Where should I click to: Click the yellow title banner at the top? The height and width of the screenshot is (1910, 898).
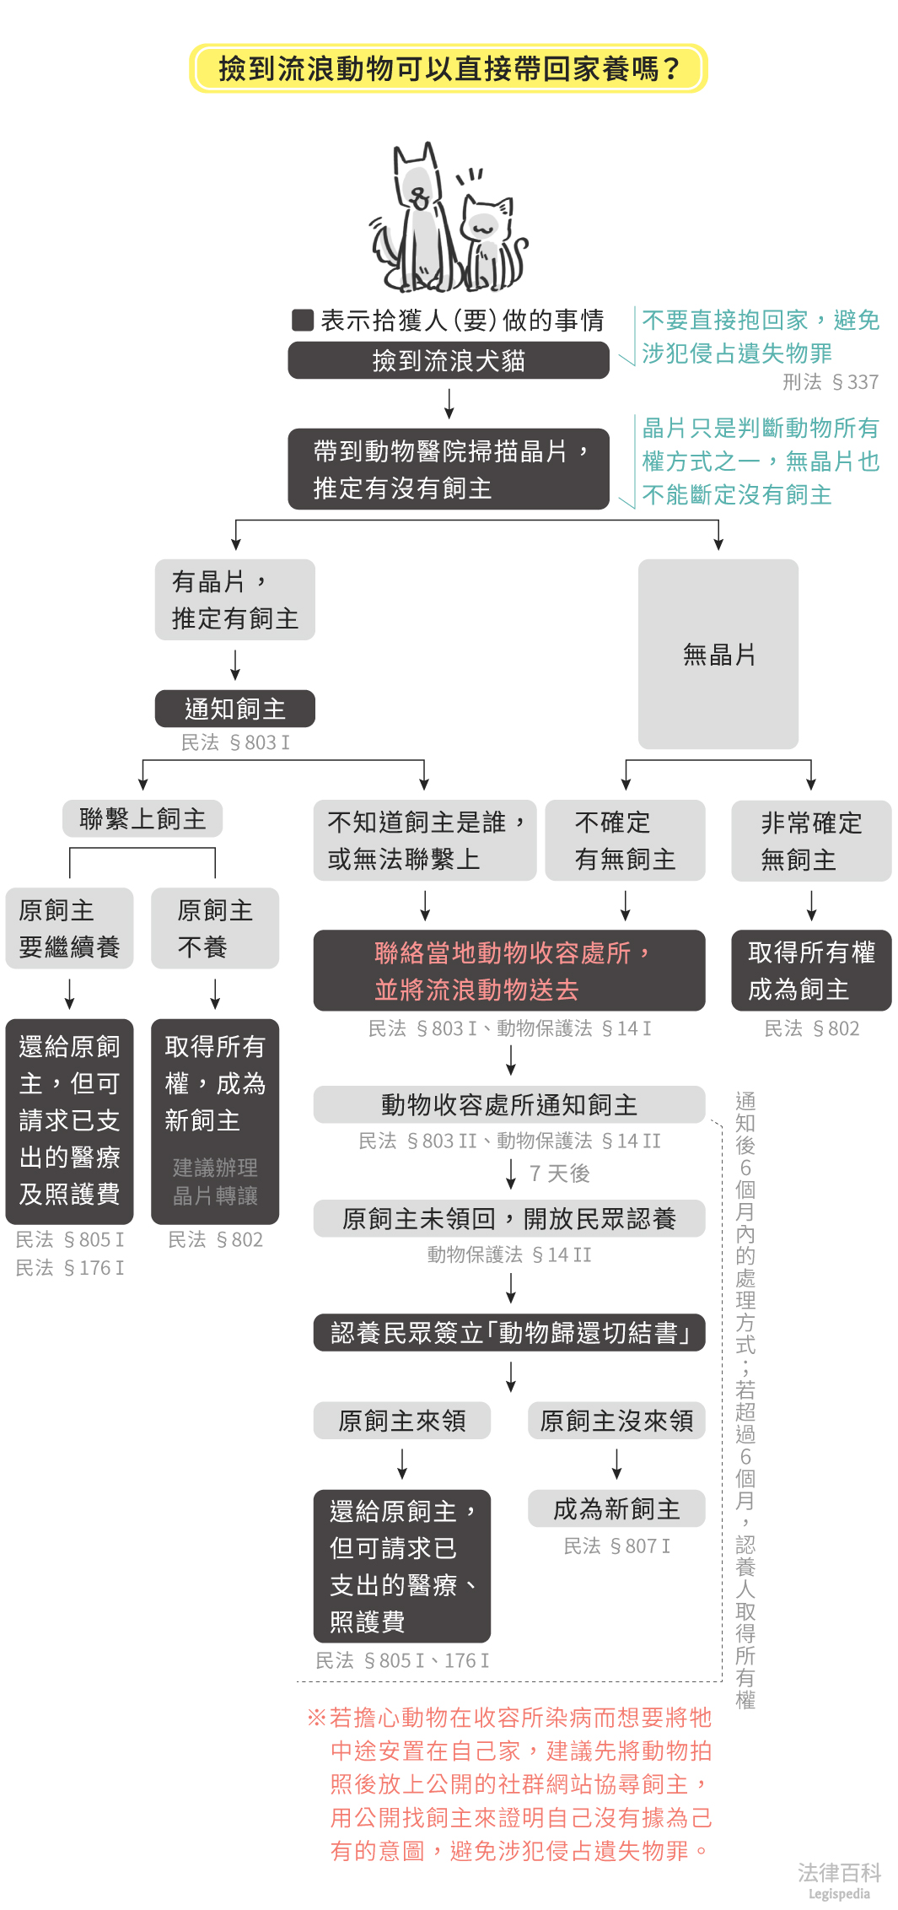448,68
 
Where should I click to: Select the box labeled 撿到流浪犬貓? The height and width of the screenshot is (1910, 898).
448,360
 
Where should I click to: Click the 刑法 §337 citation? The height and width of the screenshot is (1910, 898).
830,382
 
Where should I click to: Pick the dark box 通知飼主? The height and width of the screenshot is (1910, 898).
234,709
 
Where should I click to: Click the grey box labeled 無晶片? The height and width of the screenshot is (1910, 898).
718,654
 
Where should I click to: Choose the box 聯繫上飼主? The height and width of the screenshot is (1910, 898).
142,818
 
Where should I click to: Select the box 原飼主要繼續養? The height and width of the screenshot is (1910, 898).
69,928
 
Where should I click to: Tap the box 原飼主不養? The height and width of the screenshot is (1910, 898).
214,928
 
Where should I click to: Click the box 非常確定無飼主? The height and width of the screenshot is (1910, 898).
810,840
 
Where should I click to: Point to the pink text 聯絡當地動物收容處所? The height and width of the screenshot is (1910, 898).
503,952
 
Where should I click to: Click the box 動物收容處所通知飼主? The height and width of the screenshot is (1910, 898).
508,1104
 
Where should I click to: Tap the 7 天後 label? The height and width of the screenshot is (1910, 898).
559,1174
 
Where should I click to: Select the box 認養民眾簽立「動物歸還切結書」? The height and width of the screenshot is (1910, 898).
508,1332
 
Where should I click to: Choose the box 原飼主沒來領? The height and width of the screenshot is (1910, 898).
616,1421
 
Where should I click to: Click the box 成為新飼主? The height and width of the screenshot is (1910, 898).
616,1508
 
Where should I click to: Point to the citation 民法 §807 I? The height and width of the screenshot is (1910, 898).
616,1546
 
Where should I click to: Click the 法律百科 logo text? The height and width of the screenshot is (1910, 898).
839,1873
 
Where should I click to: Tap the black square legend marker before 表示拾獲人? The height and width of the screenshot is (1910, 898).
303,320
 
